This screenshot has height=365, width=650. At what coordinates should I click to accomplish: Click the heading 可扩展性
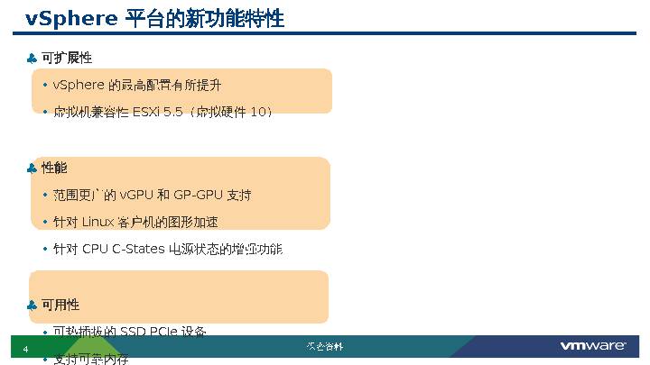coord(67,58)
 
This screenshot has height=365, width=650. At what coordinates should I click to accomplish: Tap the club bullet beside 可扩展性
coord(32,59)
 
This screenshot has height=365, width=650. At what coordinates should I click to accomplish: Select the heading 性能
coord(54,168)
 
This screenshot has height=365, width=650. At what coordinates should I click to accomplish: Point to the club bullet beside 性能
coord(32,169)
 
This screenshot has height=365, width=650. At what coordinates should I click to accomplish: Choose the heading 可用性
coord(60,305)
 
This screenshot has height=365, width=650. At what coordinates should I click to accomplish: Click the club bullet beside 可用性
coord(32,306)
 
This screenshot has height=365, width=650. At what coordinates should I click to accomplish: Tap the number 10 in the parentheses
coord(257,112)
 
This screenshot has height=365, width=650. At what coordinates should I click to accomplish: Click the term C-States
coord(138,249)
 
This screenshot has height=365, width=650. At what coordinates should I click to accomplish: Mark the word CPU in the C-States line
coord(95,249)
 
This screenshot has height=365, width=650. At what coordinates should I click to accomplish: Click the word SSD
coord(135,332)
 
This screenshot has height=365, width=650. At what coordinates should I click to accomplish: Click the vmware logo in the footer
coord(593,347)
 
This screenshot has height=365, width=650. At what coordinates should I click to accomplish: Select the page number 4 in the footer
coord(25,350)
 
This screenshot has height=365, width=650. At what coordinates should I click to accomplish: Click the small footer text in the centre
coord(324,347)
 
